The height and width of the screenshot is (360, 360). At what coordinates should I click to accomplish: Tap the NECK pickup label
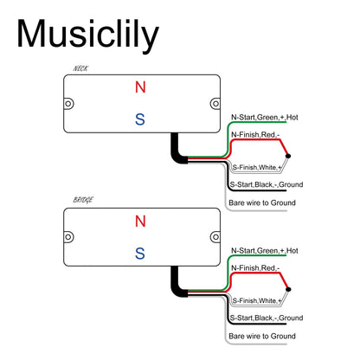[x=80, y=68]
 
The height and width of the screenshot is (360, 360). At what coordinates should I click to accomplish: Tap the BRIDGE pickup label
[x=83, y=200]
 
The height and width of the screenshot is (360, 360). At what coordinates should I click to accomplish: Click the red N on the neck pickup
[x=140, y=87]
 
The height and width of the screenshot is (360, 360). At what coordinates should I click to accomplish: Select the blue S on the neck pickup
[x=140, y=119]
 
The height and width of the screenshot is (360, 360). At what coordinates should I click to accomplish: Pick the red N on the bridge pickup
[x=140, y=221]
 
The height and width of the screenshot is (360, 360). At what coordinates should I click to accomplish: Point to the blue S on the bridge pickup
[x=140, y=254]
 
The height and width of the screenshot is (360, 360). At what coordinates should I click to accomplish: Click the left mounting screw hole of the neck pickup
[x=68, y=104]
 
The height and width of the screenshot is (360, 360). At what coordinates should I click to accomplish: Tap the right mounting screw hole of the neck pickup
[x=215, y=104]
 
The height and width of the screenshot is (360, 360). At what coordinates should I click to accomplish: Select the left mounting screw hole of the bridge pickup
[x=68, y=237]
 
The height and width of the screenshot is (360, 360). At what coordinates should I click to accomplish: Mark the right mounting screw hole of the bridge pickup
[x=215, y=237]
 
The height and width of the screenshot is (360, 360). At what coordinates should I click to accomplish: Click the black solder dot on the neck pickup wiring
[x=288, y=156]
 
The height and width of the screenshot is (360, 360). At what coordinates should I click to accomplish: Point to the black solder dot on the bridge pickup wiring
[x=288, y=289]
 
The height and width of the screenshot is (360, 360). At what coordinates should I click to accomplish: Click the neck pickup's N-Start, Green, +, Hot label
[x=265, y=118]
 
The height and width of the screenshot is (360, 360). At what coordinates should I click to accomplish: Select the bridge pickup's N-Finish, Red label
[x=255, y=268]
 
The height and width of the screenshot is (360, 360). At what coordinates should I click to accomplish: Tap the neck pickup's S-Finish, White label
[x=257, y=167]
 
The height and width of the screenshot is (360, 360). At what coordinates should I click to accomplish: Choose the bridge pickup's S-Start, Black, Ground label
[x=267, y=318]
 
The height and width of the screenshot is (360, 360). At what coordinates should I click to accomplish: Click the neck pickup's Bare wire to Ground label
[x=262, y=202]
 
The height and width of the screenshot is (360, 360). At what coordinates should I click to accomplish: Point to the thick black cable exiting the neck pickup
[x=177, y=151]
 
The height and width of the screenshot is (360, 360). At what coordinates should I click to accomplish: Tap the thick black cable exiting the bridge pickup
[x=177, y=285]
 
